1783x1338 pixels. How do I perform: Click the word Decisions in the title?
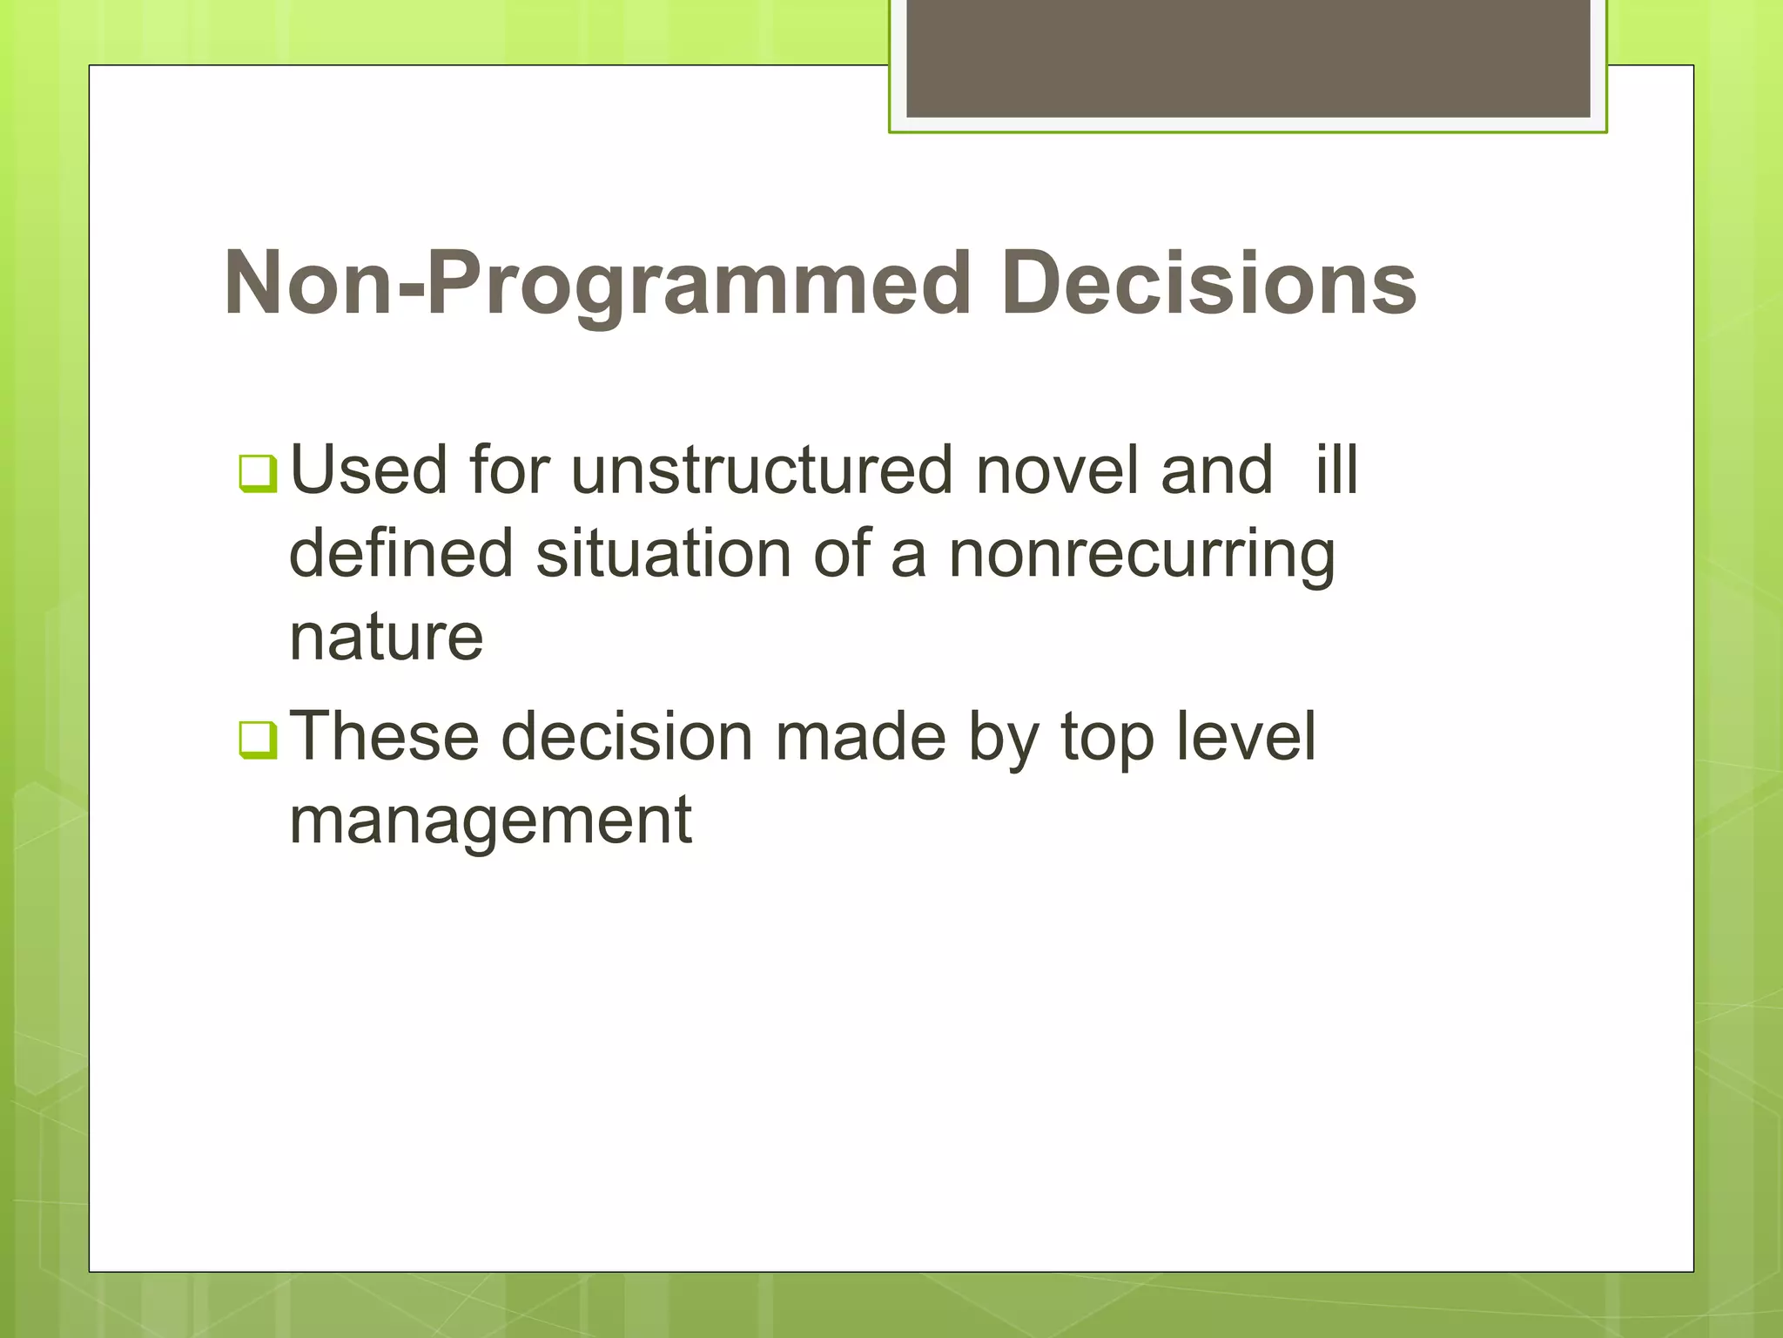1208,283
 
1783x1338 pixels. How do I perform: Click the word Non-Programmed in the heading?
596,283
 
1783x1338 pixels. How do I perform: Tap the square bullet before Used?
258,475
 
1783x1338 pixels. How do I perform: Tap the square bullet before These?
258,740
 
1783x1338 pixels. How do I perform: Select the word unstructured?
762,471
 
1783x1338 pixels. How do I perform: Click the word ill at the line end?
1336,471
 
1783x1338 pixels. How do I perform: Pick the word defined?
401,554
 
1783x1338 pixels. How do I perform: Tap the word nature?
386,639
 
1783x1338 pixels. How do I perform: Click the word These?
384,737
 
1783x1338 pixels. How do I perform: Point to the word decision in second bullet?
627,737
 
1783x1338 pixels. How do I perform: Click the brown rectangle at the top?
1248,58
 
